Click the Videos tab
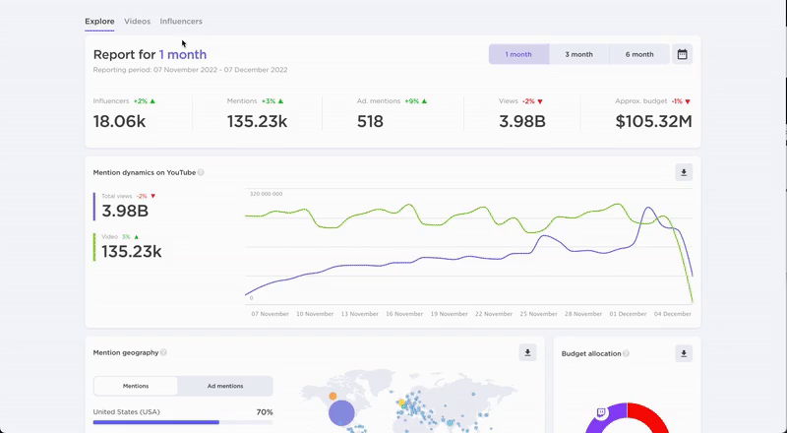pos(138,21)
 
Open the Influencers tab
pos(181,21)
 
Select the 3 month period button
pos(578,55)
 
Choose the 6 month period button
pos(639,55)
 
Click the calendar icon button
pos(683,55)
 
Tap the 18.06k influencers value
pos(119,121)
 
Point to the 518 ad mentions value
pos(370,121)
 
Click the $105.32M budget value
pos(653,121)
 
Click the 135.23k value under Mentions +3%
pos(257,121)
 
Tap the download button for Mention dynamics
pos(684,172)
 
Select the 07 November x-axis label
pos(270,314)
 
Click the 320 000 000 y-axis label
pos(266,194)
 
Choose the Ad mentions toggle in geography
pos(225,386)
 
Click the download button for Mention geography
pos(527,352)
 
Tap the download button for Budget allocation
pos(684,352)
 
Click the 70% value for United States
pos(265,412)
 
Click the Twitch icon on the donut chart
pos(601,413)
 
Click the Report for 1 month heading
pos(150,55)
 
